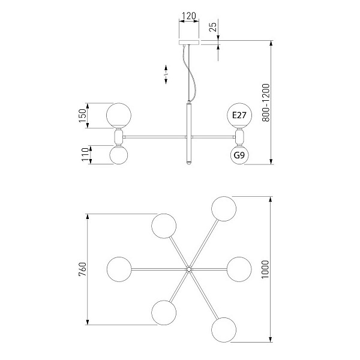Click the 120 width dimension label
189,16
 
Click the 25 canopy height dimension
213,27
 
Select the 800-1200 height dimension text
266,103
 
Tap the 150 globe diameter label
82,115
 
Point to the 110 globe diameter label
85,155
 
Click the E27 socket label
239,115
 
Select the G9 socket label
239,155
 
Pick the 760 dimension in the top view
83,269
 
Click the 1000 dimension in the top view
265,269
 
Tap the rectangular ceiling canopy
189,43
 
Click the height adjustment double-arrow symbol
166,74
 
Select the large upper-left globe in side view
119,115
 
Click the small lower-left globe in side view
119,155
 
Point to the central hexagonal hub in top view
189,269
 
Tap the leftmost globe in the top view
119,269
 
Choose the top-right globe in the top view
224,209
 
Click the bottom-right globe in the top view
224,330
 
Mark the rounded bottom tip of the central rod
189,163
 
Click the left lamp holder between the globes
119,137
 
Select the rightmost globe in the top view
239,269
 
